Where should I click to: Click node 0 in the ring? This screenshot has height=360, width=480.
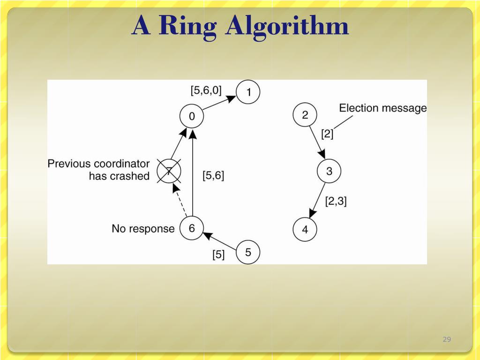pyautogui.click(x=192, y=116)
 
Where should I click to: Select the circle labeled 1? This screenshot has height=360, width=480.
pyautogui.click(x=248, y=92)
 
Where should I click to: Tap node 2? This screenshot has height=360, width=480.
pyautogui.click(x=305, y=115)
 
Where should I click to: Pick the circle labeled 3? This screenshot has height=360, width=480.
pyautogui.click(x=329, y=172)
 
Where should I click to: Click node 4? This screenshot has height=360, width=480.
pyautogui.click(x=305, y=230)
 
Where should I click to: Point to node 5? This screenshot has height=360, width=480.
pyautogui.click(x=248, y=253)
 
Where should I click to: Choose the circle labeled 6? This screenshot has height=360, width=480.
pyautogui.click(x=192, y=229)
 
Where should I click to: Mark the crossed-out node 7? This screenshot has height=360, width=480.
pyautogui.click(x=169, y=171)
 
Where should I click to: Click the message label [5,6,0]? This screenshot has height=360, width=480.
pyautogui.click(x=206, y=90)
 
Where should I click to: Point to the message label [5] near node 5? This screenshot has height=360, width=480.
pyautogui.click(x=218, y=255)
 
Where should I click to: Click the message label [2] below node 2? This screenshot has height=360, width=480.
pyautogui.click(x=327, y=134)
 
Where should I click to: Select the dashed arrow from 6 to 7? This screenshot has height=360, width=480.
pyautogui.click(x=180, y=201)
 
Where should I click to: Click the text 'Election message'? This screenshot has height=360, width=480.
pyautogui.click(x=383, y=108)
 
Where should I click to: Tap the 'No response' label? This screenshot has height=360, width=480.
pyautogui.click(x=143, y=229)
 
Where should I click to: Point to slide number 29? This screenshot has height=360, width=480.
pyautogui.click(x=447, y=339)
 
